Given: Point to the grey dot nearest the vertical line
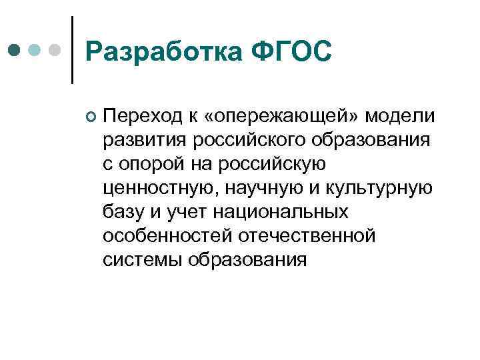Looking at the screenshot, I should click(x=56, y=50).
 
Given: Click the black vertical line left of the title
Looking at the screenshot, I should click(x=72, y=50).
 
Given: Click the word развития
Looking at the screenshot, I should click(x=145, y=141).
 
